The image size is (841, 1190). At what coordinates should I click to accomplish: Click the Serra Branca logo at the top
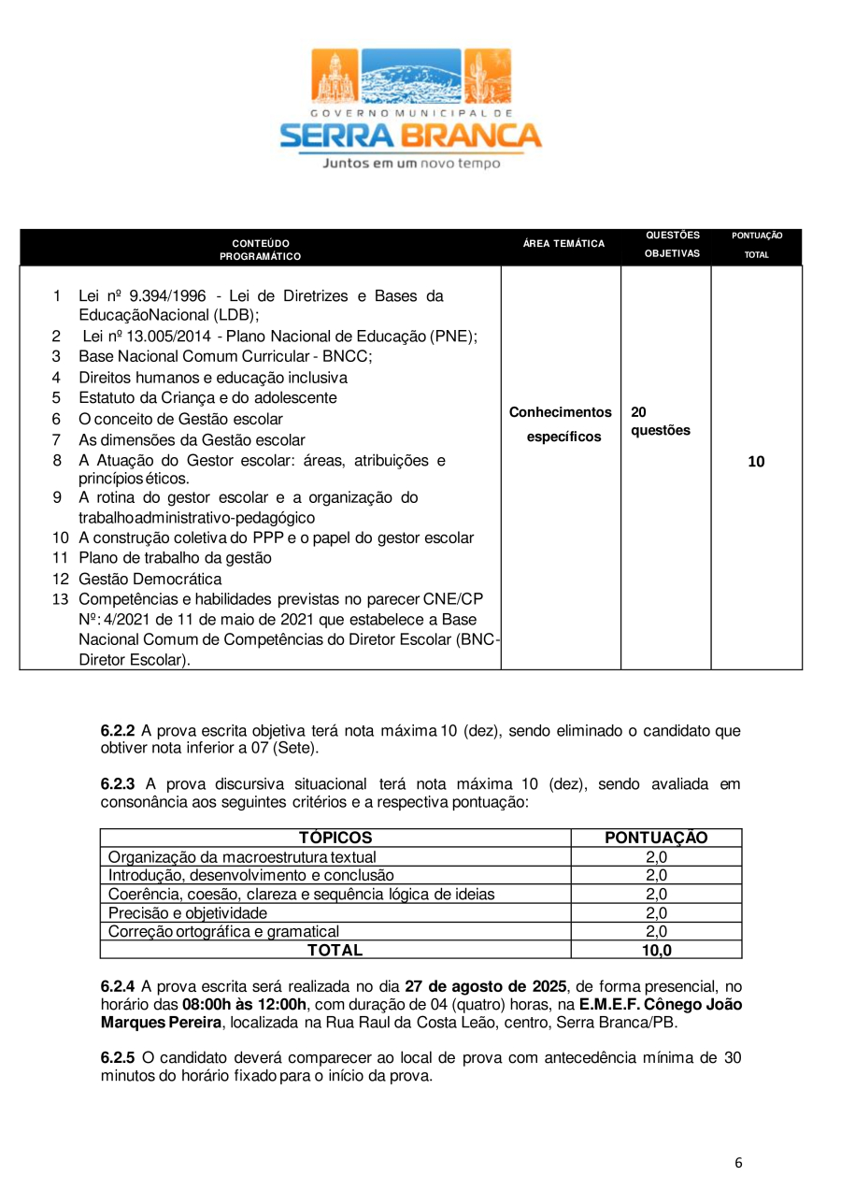[x=411, y=98]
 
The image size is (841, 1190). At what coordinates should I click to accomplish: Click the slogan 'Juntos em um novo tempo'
[x=411, y=164]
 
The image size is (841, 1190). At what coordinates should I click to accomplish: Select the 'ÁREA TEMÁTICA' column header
[x=563, y=244]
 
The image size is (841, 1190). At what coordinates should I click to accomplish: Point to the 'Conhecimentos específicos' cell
[x=561, y=424]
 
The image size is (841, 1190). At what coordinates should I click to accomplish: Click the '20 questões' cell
[x=661, y=422]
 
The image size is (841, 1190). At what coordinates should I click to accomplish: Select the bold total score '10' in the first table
[x=756, y=462]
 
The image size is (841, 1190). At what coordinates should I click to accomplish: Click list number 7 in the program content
[x=56, y=439]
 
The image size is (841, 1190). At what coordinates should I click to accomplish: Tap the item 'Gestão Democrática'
[x=150, y=579]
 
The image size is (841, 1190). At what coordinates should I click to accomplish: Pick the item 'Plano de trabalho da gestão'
[x=175, y=558]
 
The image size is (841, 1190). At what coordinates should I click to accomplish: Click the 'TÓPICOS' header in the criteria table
[x=335, y=839]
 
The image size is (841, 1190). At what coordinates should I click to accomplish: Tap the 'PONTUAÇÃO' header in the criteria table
[x=656, y=839]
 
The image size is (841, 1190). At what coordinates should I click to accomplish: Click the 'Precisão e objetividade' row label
[x=188, y=913]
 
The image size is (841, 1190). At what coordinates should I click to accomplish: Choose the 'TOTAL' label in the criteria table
[x=335, y=951]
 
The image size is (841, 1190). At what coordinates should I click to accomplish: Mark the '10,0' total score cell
[x=656, y=951]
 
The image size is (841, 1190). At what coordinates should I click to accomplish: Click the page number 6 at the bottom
[x=738, y=1163]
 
